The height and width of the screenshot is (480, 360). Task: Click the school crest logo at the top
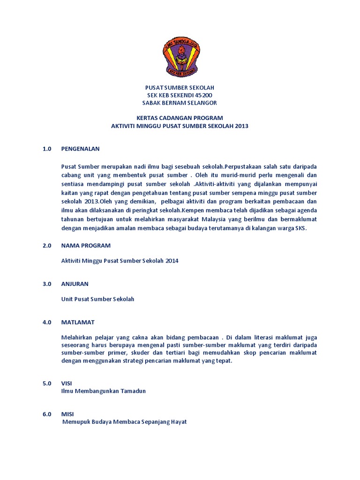tap(180, 57)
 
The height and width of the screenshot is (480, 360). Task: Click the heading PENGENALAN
tap(80, 149)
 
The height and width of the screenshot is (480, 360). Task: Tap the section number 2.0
tap(46, 245)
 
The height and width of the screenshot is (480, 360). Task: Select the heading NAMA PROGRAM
tap(86, 245)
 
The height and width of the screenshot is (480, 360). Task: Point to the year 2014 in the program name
tap(172, 261)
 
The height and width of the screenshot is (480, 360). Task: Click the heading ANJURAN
tap(75, 284)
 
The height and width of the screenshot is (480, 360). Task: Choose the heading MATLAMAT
tap(78, 322)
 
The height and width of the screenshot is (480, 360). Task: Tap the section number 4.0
tap(46, 322)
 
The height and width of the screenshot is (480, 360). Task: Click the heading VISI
tap(67, 383)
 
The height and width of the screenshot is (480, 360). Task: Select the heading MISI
tap(67, 414)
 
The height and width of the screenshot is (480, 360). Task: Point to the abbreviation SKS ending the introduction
tap(300, 228)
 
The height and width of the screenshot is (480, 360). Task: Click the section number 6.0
tap(46, 414)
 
